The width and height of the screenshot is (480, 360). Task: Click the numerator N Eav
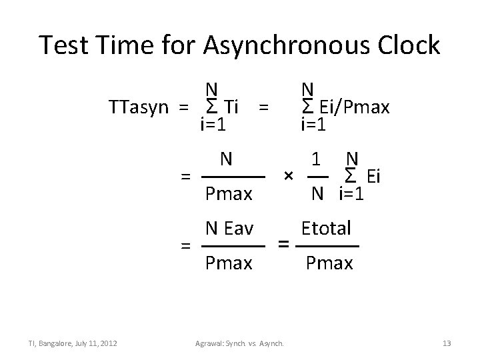coord(229,229)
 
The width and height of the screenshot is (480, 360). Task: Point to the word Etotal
coord(327,229)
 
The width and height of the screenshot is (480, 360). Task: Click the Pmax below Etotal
coord(329,263)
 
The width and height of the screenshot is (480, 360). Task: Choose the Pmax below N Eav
coord(229,263)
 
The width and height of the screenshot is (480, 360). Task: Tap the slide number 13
coord(447,343)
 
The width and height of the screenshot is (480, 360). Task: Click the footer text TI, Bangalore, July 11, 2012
coord(73,343)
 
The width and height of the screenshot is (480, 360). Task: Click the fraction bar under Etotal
coord(327,247)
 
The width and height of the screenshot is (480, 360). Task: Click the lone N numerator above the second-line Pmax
coord(227,160)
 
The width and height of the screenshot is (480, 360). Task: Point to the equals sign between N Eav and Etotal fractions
coord(283,244)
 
